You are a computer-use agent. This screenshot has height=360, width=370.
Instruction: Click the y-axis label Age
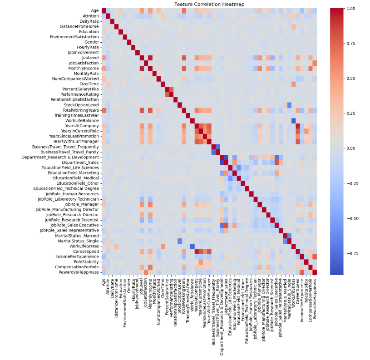(x=94, y=11)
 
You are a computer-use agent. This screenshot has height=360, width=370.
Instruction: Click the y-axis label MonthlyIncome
(x=84, y=68)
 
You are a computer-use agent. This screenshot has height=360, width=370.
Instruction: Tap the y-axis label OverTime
(x=89, y=84)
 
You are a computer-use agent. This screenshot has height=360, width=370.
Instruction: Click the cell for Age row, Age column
(x=104, y=11)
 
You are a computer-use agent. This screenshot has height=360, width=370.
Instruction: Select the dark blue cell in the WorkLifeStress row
(x=192, y=246)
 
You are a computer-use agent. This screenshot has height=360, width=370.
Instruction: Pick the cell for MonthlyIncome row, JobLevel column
(x=142, y=68)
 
